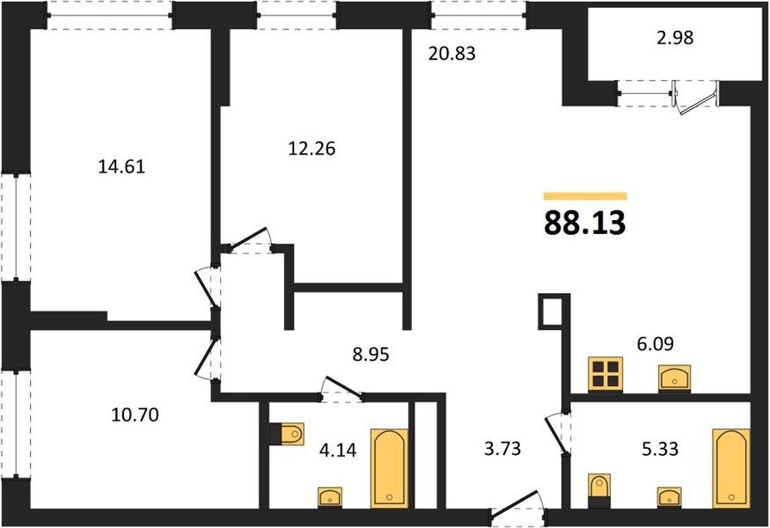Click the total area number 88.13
click(x=585, y=223)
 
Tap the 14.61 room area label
click(x=121, y=167)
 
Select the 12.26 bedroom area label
click(x=312, y=149)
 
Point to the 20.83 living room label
click(x=451, y=53)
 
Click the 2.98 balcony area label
click(x=675, y=38)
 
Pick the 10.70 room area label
click(x=135, y=415)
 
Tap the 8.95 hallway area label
click(x=370, y=354)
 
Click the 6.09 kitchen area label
click(x=655, y=343)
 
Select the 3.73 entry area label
click(x=502, y=448)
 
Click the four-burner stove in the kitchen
click(x=605, y=374)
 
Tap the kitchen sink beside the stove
click(x=675, y=378)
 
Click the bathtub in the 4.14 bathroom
click(x=390, y=468)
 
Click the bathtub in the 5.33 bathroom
click(x=731, y=468)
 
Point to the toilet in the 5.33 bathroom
click(x=599, y=491)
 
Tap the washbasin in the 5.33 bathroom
click(x=670, y=497)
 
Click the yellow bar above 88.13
click(x=585, y=196)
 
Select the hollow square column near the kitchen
click(x=554, y=311)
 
